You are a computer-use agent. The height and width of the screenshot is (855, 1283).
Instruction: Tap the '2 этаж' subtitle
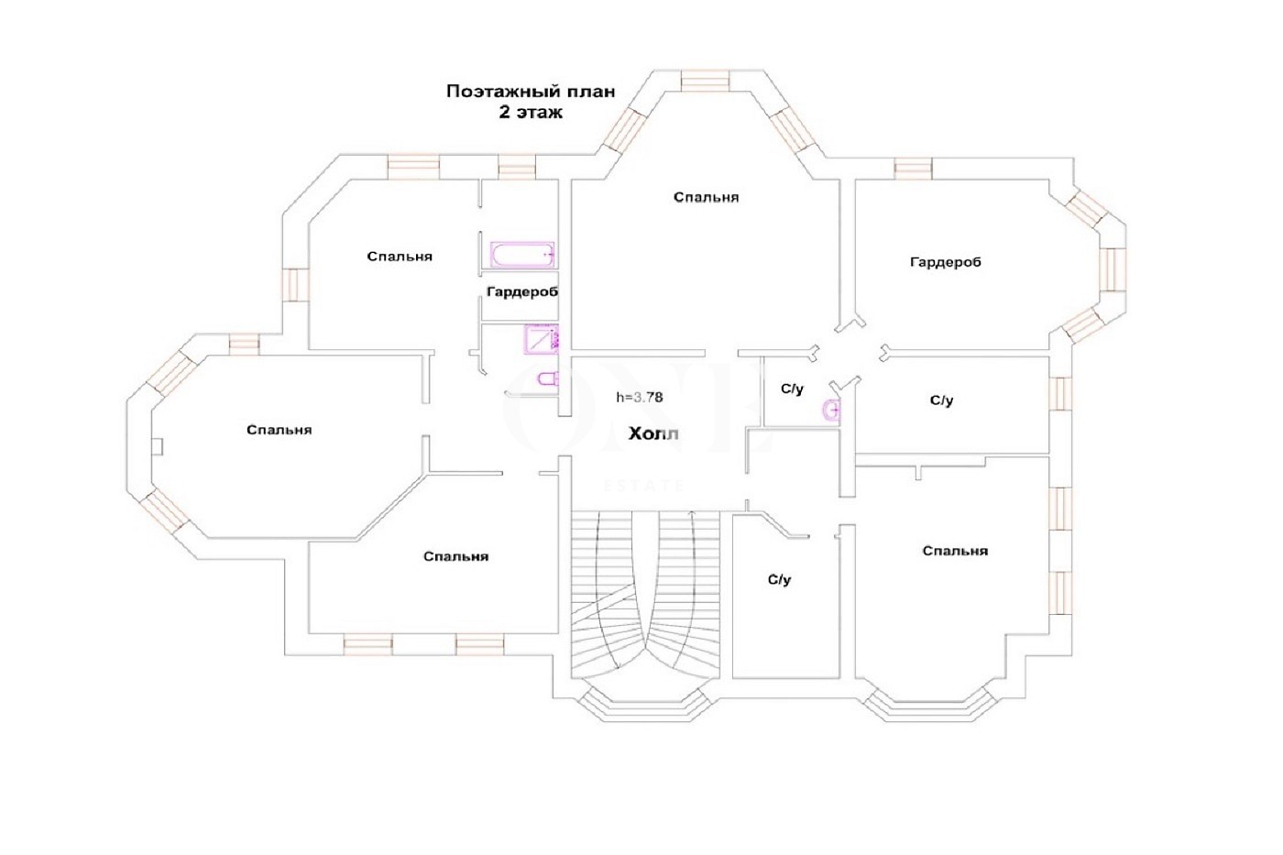tap(531, 112)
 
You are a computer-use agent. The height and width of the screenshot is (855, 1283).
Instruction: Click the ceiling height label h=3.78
tap(640, 397)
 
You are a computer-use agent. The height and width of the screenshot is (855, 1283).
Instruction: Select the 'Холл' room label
tap(653, 433)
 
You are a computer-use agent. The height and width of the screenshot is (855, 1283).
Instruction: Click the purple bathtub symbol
tap(522, 254)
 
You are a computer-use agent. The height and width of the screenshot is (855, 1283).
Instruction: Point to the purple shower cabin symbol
tap(541, 338)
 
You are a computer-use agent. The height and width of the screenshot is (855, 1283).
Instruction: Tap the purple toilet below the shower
tap(548, 378)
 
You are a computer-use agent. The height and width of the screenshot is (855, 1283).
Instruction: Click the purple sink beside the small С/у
tap(832, 410)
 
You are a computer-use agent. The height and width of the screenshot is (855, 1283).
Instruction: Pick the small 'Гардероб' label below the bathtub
tap(521, 292)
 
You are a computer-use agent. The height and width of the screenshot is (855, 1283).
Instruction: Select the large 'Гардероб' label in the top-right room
tap(945, 262)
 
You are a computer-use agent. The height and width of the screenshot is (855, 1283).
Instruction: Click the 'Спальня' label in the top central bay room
tap(706, 198)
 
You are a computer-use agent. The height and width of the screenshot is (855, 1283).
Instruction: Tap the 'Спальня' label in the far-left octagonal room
tap(279, 430)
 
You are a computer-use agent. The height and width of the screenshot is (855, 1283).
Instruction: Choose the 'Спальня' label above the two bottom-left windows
tap(456, 556)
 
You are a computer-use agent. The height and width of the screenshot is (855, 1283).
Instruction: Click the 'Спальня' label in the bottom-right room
tap(955, 551)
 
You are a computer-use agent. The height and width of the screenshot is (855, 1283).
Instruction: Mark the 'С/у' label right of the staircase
tap(779, 580)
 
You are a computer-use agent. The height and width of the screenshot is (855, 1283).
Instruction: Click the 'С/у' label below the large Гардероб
tap(942, 400)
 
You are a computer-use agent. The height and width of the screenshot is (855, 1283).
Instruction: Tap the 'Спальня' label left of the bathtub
tap(400, 257)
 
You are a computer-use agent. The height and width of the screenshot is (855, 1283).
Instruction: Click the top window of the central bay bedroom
tap(705, 80)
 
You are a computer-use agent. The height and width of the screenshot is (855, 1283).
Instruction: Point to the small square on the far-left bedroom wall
tap(158, 446)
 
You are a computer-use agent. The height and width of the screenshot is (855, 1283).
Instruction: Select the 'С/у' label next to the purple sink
tap(792, 389)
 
